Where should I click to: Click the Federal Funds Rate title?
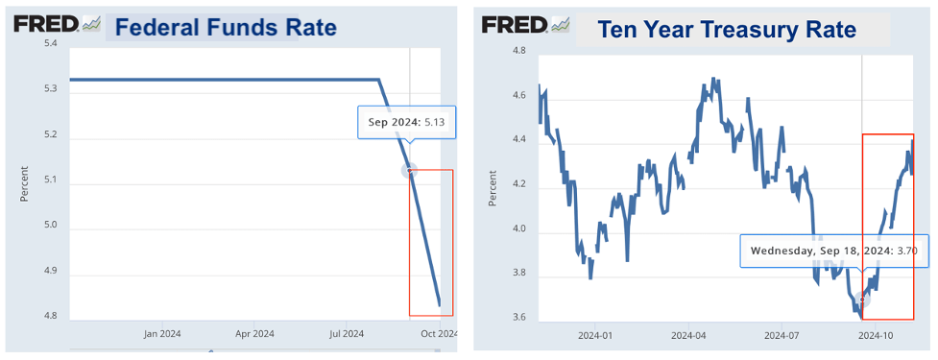pos(226,27)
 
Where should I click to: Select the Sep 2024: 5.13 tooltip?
pos(406,123)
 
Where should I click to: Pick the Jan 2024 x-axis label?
pos(163,334)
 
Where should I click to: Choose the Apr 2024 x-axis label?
pos(255,334)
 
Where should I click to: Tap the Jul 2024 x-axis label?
pos(347,334)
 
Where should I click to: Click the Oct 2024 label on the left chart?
pos(439,334)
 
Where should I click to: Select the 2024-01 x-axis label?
pos(595,336)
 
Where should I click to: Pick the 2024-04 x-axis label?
pos(688,336)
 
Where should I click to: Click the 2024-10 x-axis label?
pos(876,336)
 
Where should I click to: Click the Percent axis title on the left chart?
pos(25,182)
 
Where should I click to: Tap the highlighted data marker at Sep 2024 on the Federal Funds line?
pos(410,171)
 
